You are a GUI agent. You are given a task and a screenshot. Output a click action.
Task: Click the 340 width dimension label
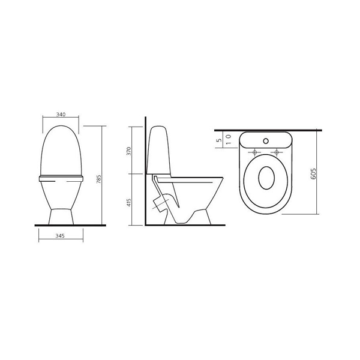(x=61, y=115)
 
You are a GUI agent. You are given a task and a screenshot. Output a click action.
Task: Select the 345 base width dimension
(x=60, y=236)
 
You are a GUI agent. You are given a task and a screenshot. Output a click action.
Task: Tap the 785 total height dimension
(x=99, y=179)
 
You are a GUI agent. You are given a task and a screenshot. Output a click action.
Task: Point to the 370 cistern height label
(x=129, y=151)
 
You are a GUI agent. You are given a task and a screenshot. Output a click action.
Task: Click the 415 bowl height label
(x=129, y=203)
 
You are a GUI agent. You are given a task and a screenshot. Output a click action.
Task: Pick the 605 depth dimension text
(x=313, y=174)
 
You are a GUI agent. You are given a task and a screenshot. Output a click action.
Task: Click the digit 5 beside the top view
(x=219, y=140)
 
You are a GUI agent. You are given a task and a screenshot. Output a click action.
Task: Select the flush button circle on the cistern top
(x=266, y=141)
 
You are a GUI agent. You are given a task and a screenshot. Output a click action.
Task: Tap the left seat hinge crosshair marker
(x=254, y=152)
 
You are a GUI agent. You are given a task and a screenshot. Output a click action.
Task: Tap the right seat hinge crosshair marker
(x=277, y=152)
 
